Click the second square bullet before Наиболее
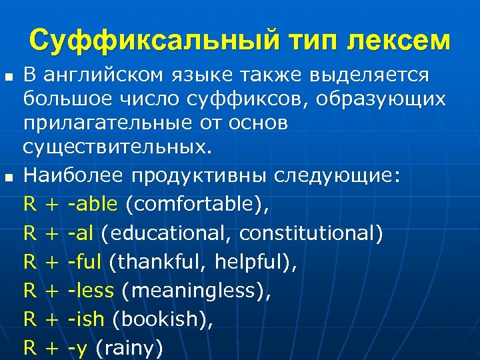8,177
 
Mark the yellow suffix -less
90,291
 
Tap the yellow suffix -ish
86,319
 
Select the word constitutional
311,233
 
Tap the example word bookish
160,319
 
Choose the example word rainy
129,348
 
